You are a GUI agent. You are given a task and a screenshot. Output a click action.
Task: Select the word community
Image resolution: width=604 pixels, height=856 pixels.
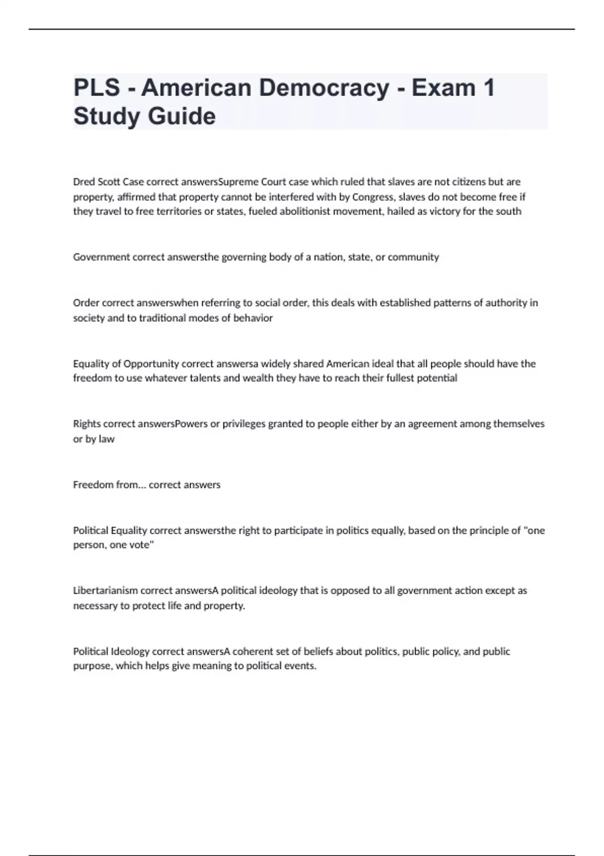coord(413,257)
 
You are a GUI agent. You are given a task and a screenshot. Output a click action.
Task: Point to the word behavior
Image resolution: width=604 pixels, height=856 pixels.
coord(253,318)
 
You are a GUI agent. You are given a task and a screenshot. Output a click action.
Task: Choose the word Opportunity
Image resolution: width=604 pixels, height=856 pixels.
coord(151,364)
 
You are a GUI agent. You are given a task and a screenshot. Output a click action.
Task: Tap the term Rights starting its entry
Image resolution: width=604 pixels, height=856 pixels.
coord(87,424)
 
